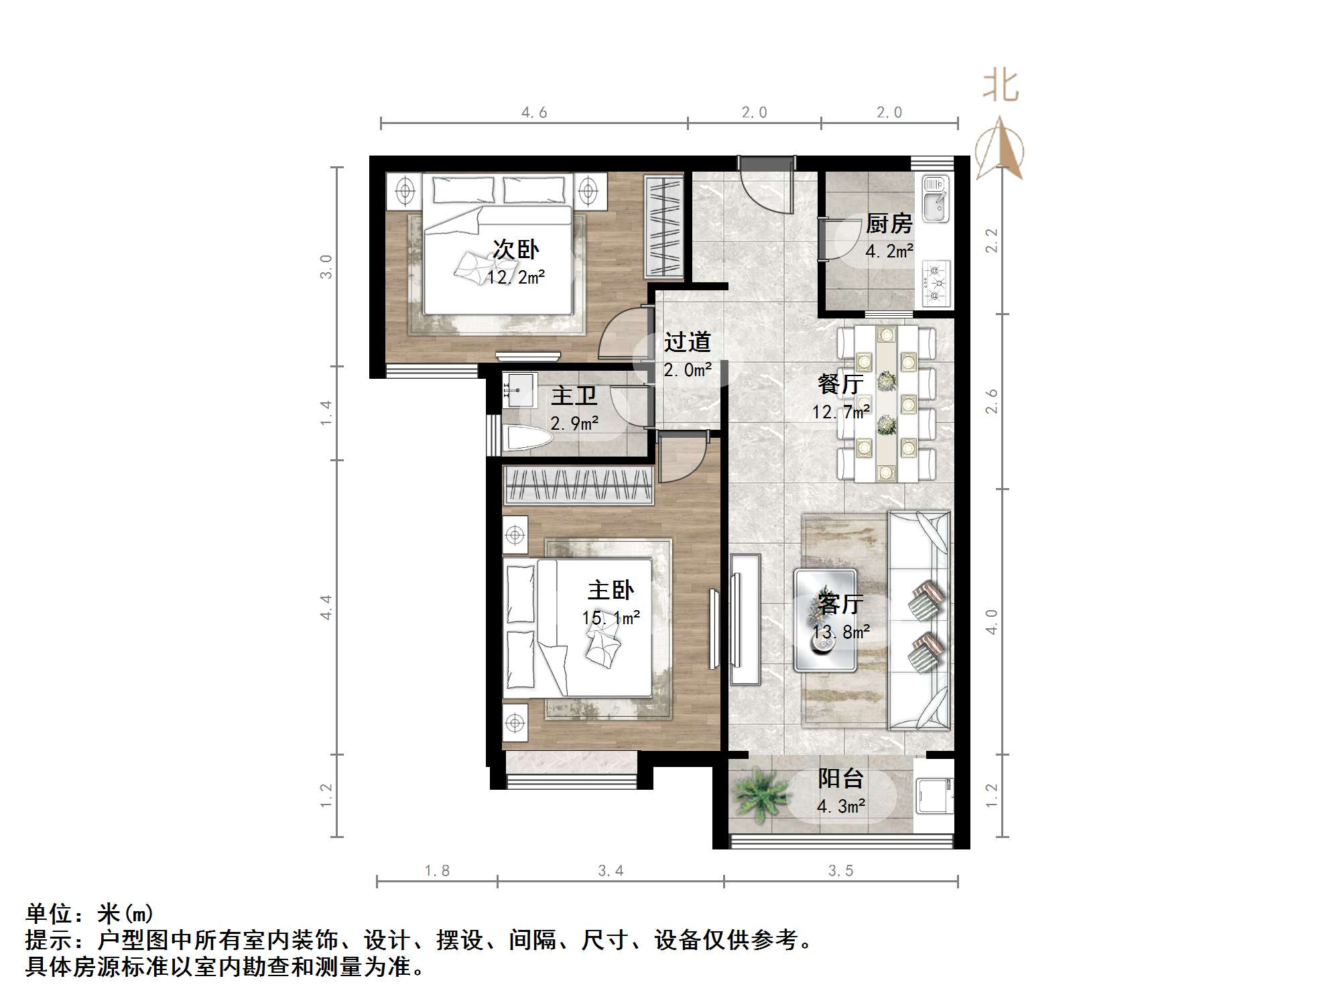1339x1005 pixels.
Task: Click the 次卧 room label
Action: (x=515, y=249)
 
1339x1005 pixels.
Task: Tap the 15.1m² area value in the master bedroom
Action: (x=611, y=617)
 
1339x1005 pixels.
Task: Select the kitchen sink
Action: (x=935, y=198)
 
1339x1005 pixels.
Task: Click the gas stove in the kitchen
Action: (x=936, y=283)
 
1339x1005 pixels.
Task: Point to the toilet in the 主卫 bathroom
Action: (x=527, y=439)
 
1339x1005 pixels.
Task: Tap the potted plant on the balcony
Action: (x=759, y=794)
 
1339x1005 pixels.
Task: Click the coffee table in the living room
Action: (x=825, y=620)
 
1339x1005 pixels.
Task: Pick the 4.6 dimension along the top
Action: (x=534, y=113)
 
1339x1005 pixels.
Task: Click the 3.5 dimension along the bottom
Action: (x=840, y=870)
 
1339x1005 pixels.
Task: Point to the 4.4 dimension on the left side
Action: (x=326, y=607)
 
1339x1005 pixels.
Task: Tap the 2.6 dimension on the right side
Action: (x=992, y=401)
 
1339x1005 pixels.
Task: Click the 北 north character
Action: (x=1001, y=86)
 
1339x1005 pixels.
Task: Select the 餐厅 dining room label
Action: (x=840, y=383)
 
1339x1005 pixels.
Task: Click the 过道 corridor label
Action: (x=687, y=342)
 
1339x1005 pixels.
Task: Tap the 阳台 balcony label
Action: (x=840, y=778)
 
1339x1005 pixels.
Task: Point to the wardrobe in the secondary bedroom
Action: (x=663, y=226)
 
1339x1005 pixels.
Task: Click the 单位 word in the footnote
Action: (x=48, y=913)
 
